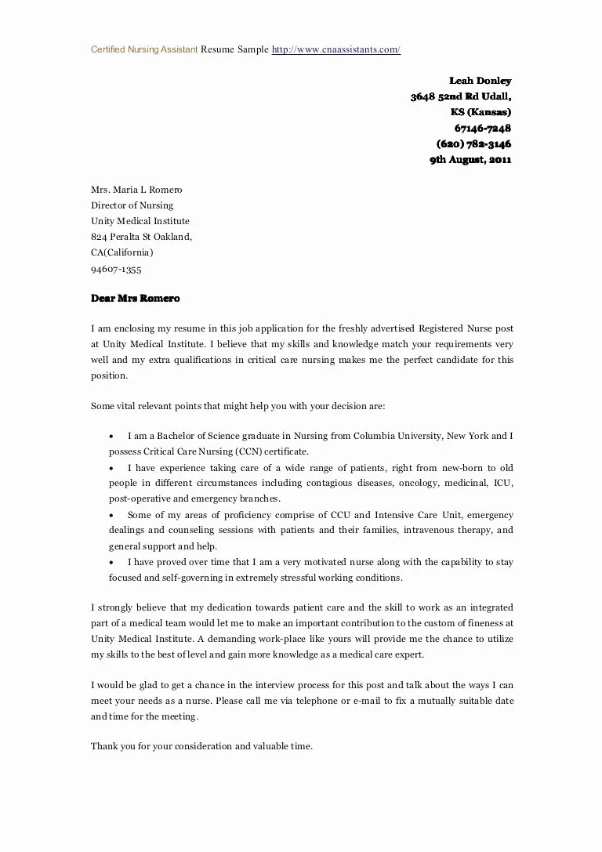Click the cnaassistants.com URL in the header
pyautogui.click(x=336, y=49)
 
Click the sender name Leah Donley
pyautogui.click(x=480, y=81)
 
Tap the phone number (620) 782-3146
pyautogui.click(x=473, y=144)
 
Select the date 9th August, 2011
pyautogui.click(x=470, y=160)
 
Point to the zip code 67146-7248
pyautogui.click(x=483, y=129)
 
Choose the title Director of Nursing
pyautogui.click(x=132, y=205)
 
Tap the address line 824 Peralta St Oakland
pyautogui.click(x=141, y=237)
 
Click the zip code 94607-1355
pyautogui.click(x=116, y=269)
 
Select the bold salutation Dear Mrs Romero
pyautogui.click(x=136, y=299)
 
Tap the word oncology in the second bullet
pyautogui.click(x=419, y=483)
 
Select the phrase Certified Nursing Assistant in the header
pyautogui.click(x=144, y=49)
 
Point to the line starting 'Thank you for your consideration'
pyautogui.click(x=201, y=746)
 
